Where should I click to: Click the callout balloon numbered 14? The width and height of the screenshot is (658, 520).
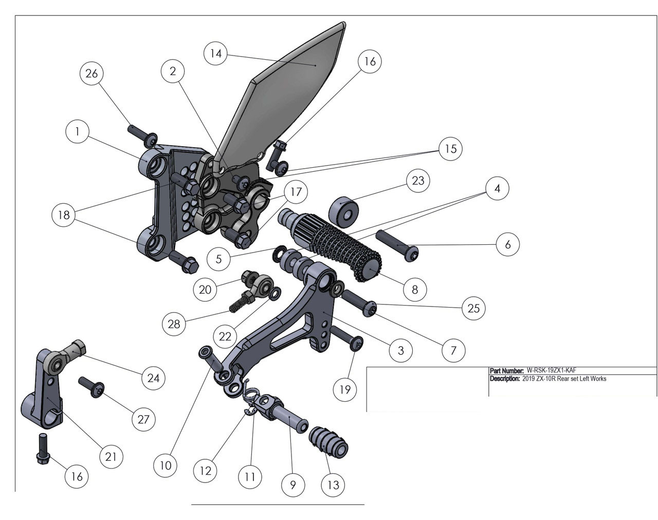tap(216, 53)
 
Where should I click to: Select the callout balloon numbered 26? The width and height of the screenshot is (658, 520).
tap(92, 74)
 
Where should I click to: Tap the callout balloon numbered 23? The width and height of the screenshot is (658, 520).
tap(418, 181)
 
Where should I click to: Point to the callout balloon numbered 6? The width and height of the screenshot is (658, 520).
tap(507, 244)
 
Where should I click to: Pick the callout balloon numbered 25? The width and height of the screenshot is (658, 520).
tap(473, 308)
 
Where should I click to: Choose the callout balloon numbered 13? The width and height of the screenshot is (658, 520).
tap(333, 485)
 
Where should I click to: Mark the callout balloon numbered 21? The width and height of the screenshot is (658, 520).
tap(111, 456)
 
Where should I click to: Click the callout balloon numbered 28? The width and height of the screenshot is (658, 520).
tap(174, 324)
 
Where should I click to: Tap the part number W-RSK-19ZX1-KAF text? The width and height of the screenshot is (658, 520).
tap(555, 370)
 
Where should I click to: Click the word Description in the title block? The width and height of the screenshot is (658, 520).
tap(504, 379)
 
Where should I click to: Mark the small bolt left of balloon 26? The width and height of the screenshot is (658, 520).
tap(140, 133)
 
